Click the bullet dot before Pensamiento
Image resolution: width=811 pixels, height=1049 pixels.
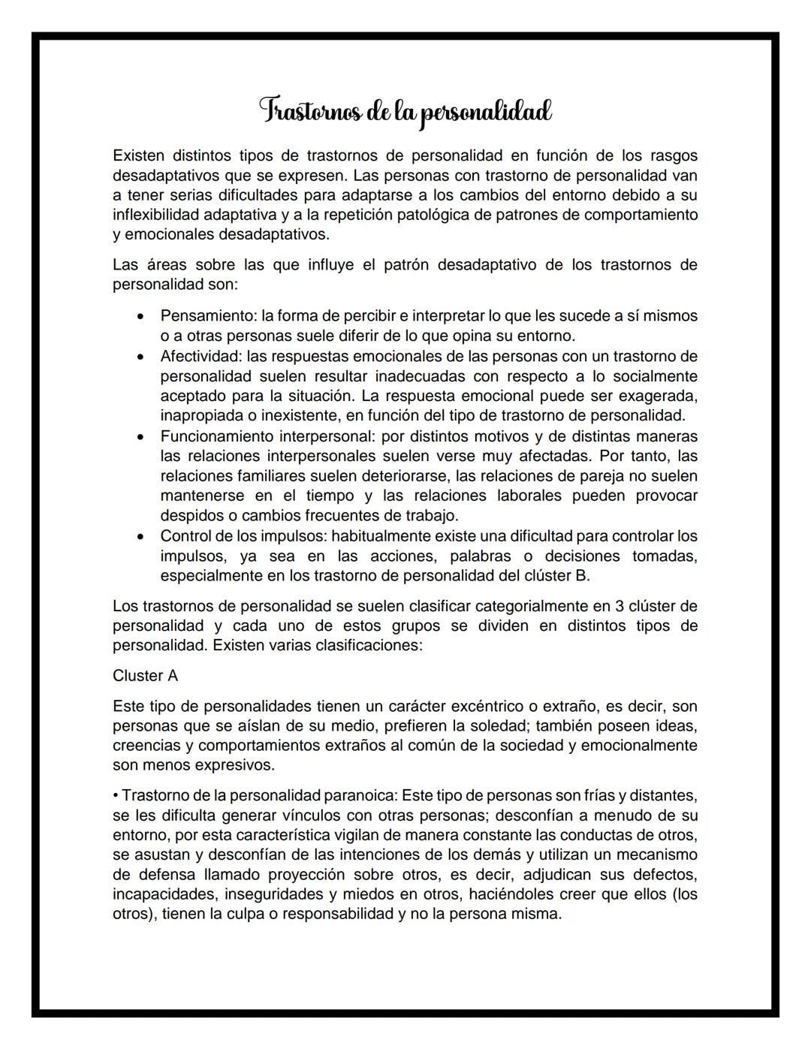click(140, 316)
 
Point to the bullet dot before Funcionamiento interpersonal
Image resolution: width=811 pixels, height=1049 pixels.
click(140, 436)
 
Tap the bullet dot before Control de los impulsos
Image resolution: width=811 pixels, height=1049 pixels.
click(140, 536)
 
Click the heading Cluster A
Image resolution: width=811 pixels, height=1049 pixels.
click(145, 676)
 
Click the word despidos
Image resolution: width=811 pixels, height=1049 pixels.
click(187, 516)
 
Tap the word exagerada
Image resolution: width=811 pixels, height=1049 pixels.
click(662, 396)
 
